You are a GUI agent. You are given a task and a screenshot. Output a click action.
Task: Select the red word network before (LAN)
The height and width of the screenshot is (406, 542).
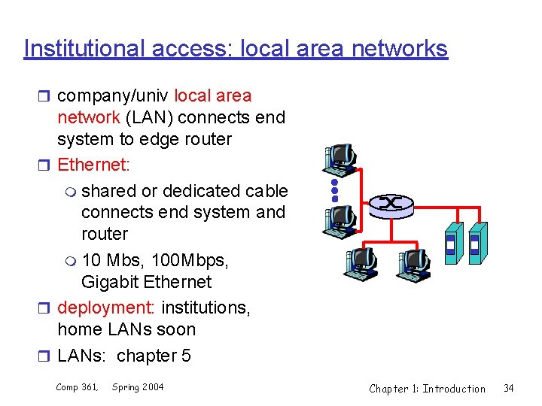[88, 117]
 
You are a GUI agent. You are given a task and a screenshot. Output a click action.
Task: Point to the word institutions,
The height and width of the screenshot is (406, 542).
[206, 308]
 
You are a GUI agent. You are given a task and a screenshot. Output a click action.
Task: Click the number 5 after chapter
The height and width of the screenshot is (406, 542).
[186, 355]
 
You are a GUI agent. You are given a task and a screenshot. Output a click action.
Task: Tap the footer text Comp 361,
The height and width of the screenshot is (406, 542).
[77, 387]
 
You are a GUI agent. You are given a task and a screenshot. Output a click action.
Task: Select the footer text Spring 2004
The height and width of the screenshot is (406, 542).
[138, 387]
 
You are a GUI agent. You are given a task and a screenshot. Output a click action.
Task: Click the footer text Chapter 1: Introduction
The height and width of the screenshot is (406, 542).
[427, 389]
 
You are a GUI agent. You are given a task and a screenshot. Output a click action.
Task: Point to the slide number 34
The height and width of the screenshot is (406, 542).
[509, 389]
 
